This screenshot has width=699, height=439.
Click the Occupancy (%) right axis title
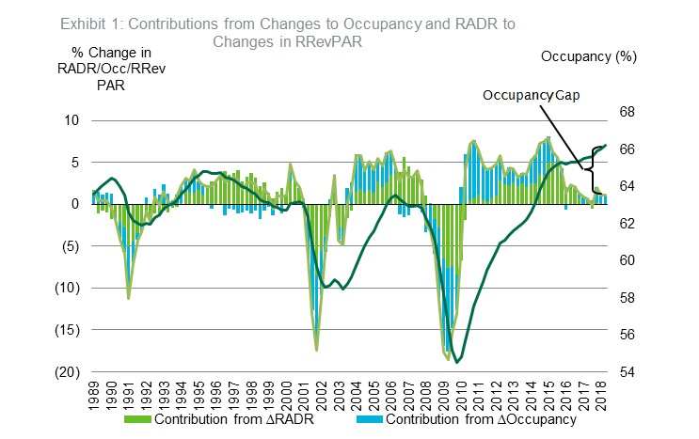[589, 56]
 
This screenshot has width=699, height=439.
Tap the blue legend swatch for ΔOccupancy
[378, 418]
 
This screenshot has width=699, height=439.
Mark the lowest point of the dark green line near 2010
[457, 362]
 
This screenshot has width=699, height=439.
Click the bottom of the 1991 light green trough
[129, 298]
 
